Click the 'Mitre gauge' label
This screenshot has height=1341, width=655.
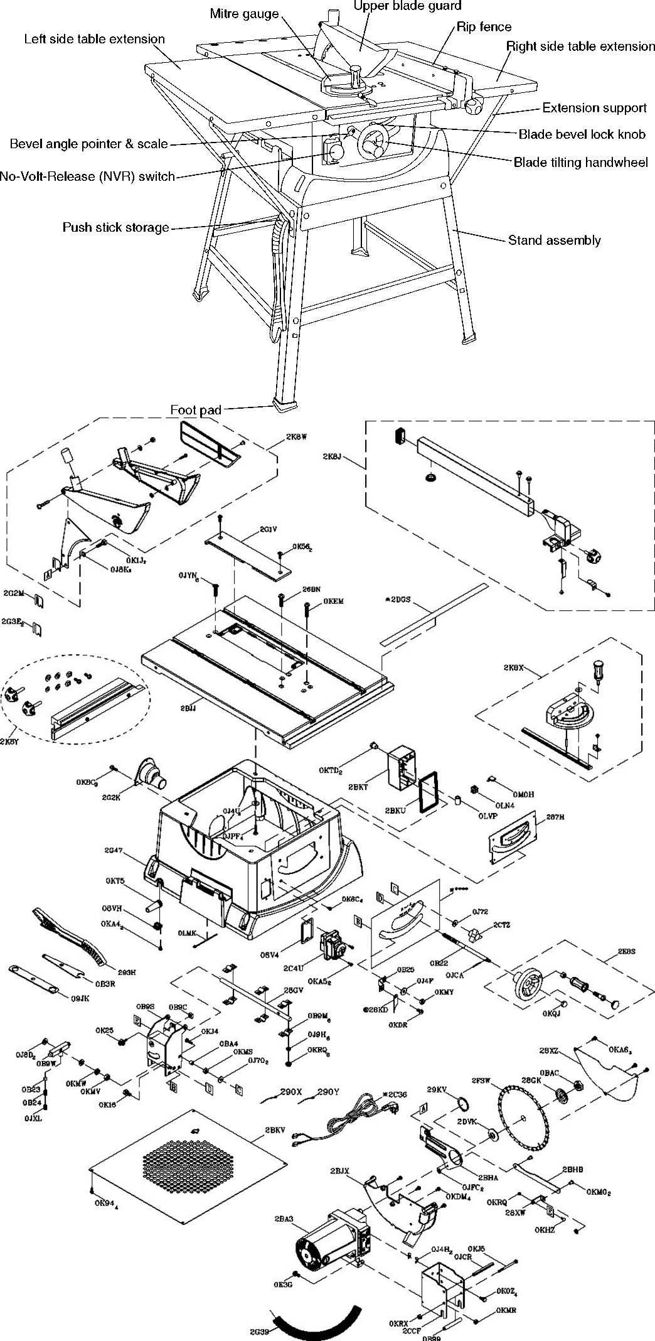[244, 14]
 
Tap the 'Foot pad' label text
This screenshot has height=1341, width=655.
[196, 410]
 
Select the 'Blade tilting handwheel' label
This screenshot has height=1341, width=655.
[580, 163]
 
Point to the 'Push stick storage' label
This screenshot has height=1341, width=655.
[115, 227]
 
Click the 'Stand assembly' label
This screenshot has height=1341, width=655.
[554, 240]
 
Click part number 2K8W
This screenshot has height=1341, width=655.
[296, 437]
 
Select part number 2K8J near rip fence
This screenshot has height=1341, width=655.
[332, 456]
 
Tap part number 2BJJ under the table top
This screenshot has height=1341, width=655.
[188, 708]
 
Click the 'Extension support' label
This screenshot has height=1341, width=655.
[594, 108]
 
